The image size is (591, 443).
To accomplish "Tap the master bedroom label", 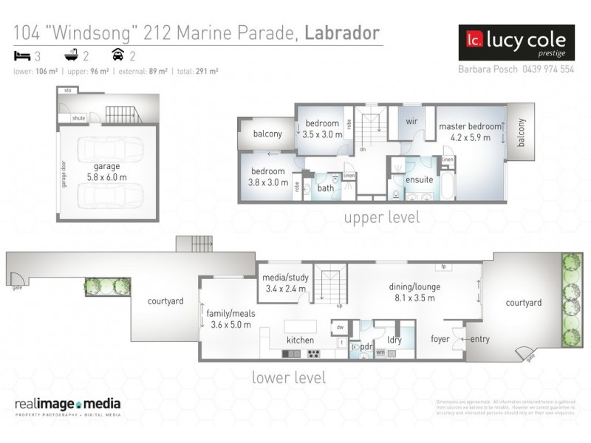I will point(470,127).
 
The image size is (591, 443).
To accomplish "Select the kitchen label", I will point(301,340).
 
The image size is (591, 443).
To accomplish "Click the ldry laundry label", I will point(394,340).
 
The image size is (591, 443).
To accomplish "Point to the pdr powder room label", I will point(366,346).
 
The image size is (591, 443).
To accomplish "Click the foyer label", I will point(441,340).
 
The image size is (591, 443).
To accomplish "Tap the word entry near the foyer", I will point(479,340).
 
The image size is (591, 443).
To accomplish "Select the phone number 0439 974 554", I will point(547,69).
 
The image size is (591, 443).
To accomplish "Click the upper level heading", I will point(381,217).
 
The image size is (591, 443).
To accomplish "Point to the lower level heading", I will point(287,377).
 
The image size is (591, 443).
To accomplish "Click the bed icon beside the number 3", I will point(20,55).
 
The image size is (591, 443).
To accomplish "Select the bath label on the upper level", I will point(325,188).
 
